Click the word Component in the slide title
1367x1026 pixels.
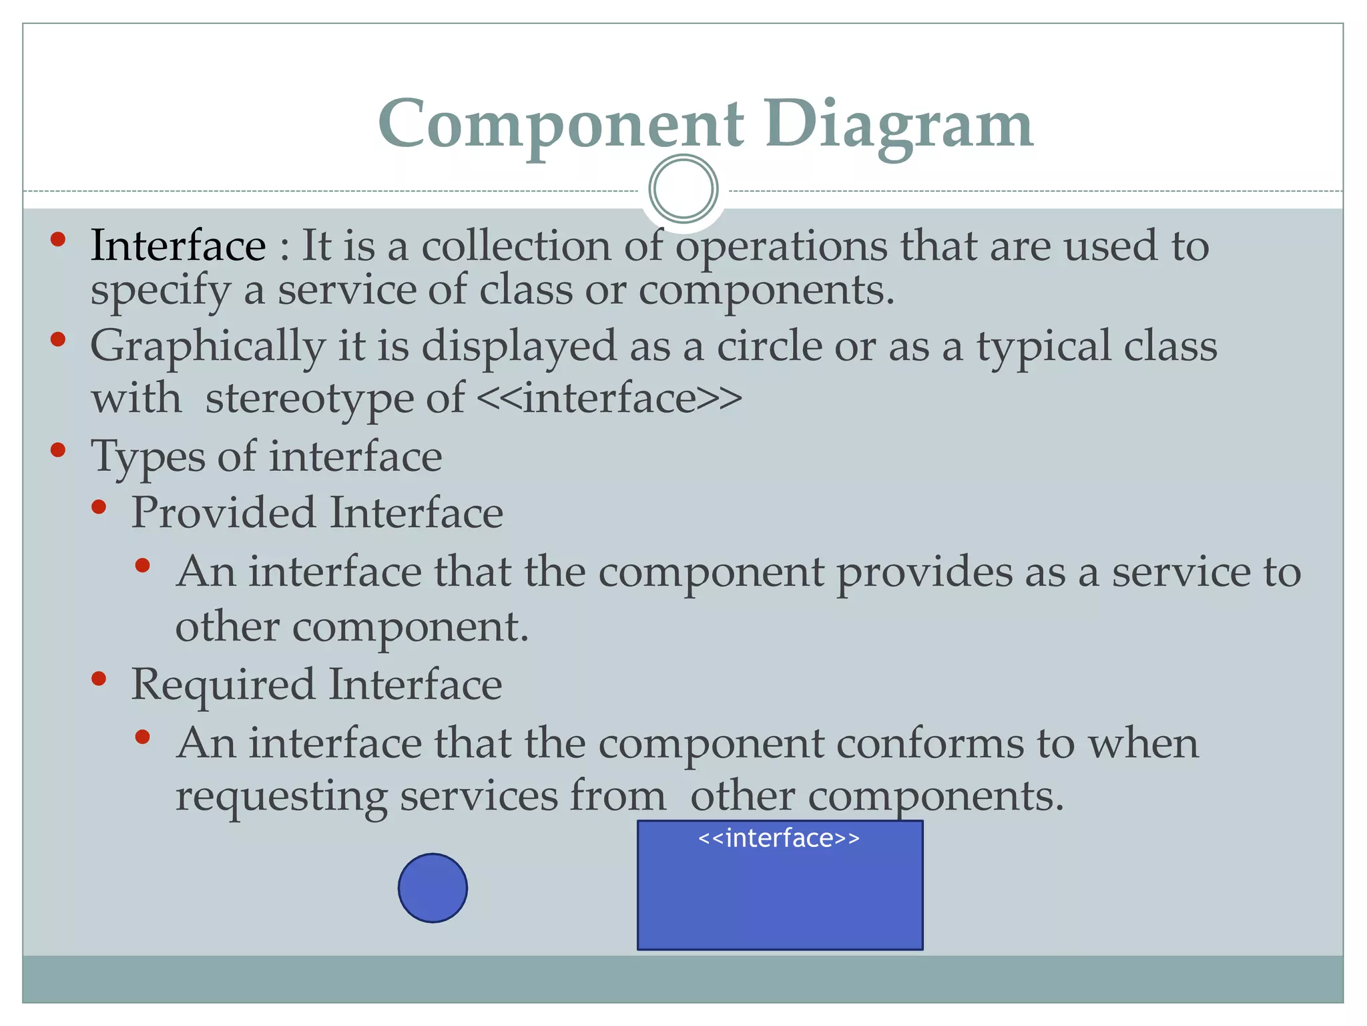561,124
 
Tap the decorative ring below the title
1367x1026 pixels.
683,189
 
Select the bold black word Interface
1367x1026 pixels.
178,245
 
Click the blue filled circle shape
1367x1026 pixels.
433,888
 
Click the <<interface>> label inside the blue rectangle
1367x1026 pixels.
779,838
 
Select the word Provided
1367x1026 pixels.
223,513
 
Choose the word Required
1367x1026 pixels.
223,685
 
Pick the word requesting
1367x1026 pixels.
281,796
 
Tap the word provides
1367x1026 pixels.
924,572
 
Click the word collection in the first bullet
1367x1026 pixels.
516,245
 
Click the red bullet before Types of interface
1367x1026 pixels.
58,450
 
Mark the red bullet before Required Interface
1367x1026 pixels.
99,679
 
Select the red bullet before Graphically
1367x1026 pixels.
58,339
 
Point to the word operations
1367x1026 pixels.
782,246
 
